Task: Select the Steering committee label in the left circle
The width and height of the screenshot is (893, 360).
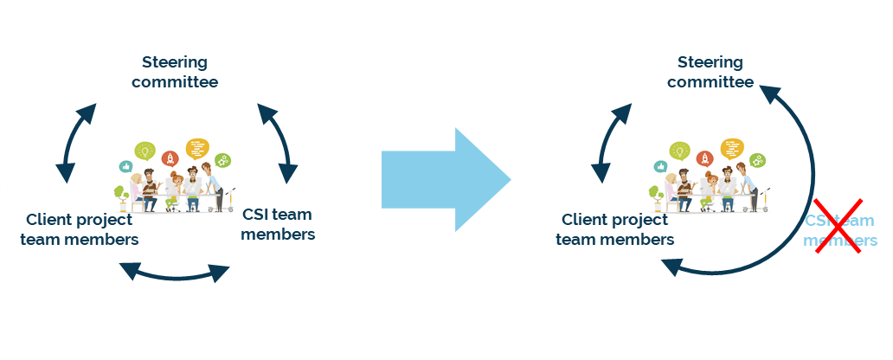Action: click(175, 72)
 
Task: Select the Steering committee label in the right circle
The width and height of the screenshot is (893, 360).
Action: click(710, 72)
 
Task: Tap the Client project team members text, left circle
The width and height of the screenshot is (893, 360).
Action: click(80, 229)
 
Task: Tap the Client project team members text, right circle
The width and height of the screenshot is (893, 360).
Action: click(615, 229)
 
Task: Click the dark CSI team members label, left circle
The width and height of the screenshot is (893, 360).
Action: click(277, 224)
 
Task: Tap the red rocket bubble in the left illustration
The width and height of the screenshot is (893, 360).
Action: click(170, 158)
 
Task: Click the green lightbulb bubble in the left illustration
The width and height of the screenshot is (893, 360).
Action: click(145, 152)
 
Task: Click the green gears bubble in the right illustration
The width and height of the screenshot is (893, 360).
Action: click(758, 160)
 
